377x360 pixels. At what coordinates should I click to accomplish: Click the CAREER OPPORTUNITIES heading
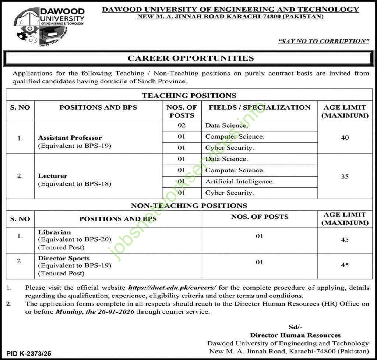point(190,58)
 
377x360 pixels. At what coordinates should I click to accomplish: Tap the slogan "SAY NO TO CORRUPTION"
point(324,41)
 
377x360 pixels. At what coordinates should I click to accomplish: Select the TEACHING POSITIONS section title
point(189,96)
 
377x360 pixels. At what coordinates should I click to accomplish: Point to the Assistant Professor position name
point(70,138)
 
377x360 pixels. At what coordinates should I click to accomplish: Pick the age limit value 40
point(345,138)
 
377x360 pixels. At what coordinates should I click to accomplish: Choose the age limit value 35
point(345,177)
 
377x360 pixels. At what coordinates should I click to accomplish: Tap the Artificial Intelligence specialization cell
point(240,181)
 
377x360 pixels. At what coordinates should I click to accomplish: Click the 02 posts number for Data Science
point(182,125)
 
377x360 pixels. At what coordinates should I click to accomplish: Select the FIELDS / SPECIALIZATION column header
point(260,107)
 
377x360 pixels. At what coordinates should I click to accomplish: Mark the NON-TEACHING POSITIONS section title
point(189,206)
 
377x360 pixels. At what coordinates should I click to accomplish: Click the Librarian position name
point(54,232)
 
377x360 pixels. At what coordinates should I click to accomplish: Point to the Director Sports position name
point(64,258)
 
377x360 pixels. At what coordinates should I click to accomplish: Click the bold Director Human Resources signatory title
point(295,335)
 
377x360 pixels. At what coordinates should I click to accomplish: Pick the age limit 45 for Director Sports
point(345,265)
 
